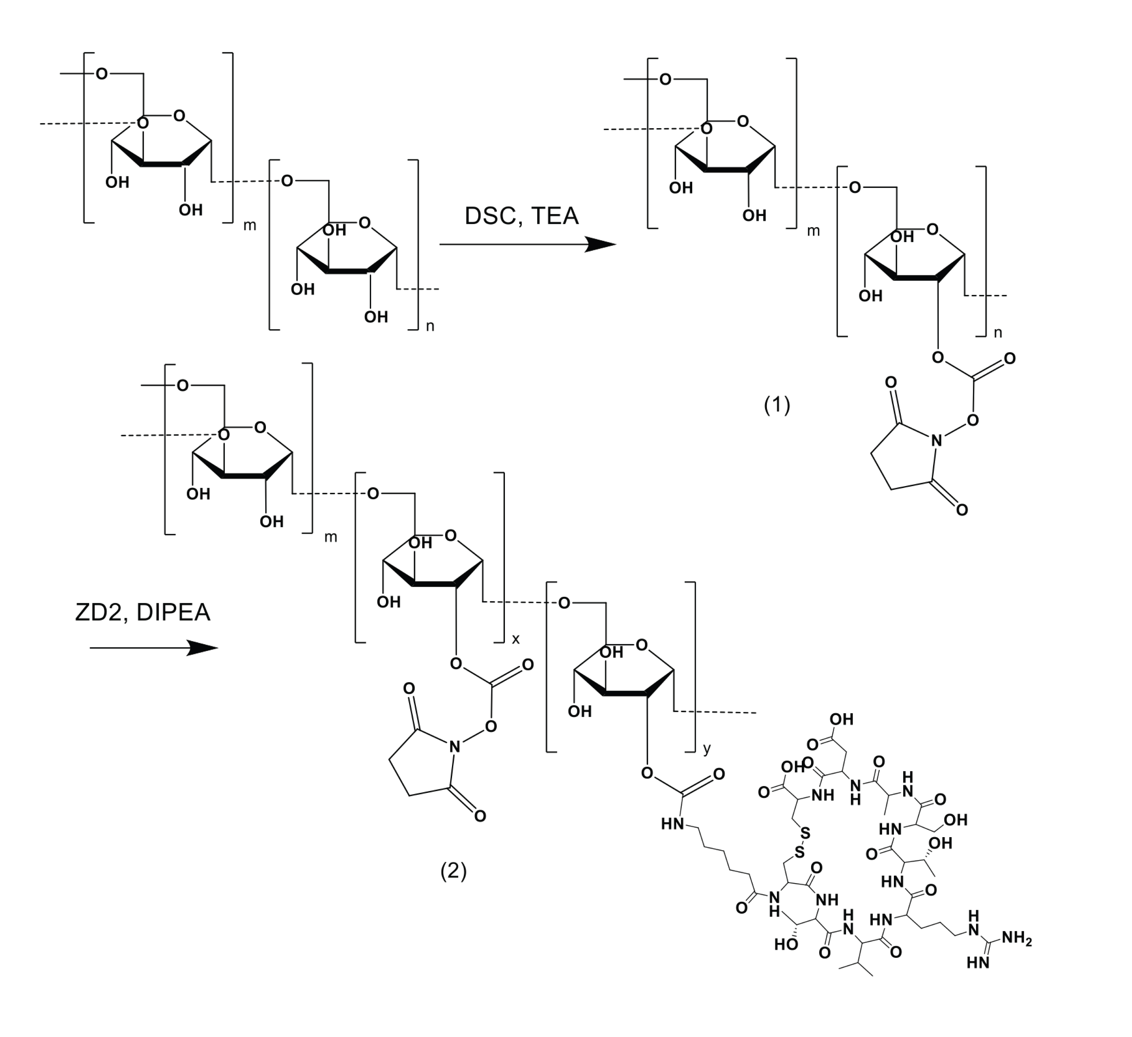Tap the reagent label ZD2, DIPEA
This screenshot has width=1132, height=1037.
(x=143, y=612)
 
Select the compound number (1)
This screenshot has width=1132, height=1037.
(x=776, y=404)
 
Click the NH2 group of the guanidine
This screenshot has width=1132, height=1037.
(x=1016, y=938)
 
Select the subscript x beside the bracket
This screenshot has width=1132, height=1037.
(x=515, y=639)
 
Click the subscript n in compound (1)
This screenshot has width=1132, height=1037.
(x=997, y=333)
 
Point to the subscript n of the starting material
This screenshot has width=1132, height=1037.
(x=430, y=326)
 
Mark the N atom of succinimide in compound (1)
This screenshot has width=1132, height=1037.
(x=936, y=441)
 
